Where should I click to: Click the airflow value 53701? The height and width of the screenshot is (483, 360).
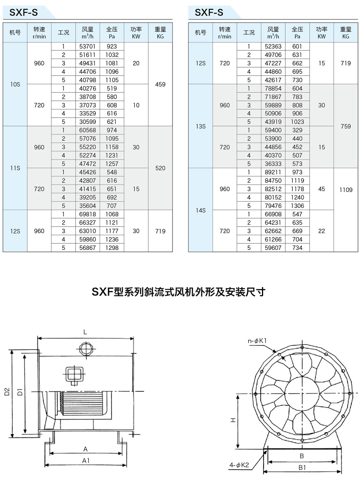pyautogui.click(x=87, y=46)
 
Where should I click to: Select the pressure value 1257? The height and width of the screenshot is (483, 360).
pyautogui.click(x=111, y=164)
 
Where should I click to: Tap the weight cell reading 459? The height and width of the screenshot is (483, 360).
pyautogui.click(x=160, y=85)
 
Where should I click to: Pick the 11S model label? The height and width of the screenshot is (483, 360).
pyautogui.click(x=15, y=168)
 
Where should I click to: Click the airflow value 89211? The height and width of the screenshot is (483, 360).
pyautogui.click(x=273, y=172)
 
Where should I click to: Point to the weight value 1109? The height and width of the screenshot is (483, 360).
pyautogui.click(x=346, y=189)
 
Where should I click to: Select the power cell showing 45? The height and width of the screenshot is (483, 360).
pyautogui.click(x=322, y=189)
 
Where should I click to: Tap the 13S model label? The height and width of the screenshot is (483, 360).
pyautogui.click(x=201, y=126)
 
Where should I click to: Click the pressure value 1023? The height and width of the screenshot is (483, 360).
pyautogui.click(x=297, y=122)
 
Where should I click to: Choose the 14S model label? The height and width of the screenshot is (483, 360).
pyautogui.click(x=201, y=210)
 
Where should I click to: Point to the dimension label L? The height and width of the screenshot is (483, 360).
pyautogui.click(x=85, y=332)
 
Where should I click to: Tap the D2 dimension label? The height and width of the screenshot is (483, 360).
pyautogui.click(x=7, y=391)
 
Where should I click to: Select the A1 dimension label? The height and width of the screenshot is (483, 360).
pyautogui.click(x=85, y=460)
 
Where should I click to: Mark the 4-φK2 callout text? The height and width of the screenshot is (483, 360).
pyautogui.click(x=239, y=465)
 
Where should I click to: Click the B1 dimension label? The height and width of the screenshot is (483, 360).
pyautogui.click(x=302, y=468)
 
